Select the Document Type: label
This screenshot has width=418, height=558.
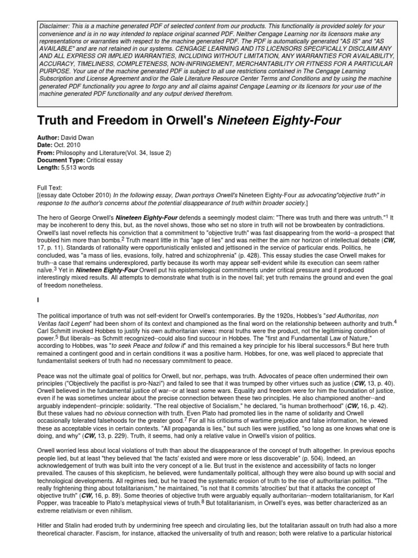(x=61, y=161)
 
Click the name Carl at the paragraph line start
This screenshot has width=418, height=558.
(x=42, y=330)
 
